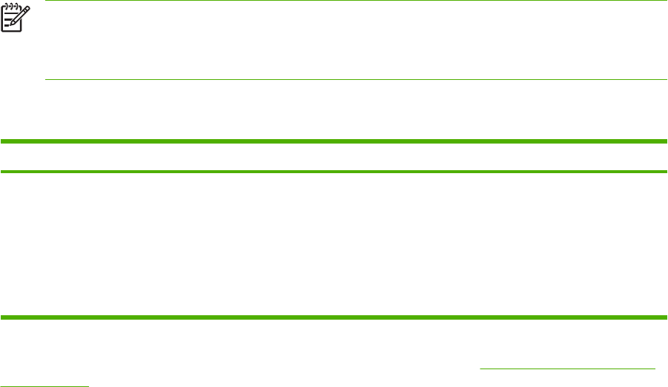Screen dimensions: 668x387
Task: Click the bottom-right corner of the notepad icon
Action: click(21, 30)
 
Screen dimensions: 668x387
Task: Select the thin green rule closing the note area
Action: click(356, 79)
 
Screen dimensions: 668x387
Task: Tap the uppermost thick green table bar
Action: click(334, 141)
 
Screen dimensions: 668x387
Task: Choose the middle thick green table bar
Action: click(334, 172)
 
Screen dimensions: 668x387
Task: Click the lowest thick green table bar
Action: click(334, 318)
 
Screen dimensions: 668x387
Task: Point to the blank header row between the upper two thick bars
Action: click(334, 156)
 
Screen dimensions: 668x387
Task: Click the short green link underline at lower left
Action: click(44, 385)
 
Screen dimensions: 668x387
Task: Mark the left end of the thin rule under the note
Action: click(47, 79)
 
